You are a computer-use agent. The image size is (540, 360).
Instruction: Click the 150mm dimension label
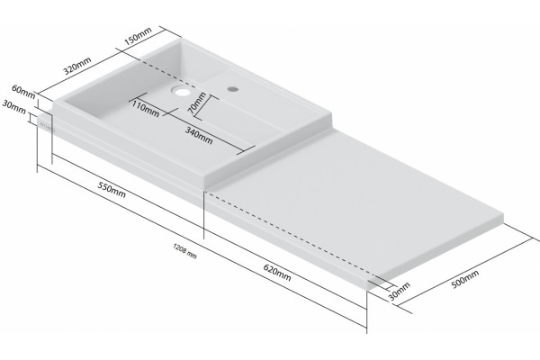138,37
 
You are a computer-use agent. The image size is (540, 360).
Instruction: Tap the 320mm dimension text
77,66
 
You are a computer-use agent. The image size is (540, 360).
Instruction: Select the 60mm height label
23,92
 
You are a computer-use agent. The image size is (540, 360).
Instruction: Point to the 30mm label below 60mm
14,106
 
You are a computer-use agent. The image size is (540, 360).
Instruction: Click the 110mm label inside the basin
146,108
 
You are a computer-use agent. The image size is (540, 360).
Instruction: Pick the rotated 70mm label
197,103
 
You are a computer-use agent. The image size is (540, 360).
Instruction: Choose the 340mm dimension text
199,135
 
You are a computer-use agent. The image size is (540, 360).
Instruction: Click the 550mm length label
112,190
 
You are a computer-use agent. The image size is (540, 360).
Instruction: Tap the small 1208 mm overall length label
184,251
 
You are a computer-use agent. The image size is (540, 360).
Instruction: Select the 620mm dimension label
277,273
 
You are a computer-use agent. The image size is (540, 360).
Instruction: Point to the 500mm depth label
465,279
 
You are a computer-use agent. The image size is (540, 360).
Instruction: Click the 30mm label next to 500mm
400,292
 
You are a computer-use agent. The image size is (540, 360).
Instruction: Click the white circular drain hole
181,91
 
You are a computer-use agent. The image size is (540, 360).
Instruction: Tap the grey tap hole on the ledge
233,89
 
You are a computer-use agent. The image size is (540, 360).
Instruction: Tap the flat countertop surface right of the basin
358,193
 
